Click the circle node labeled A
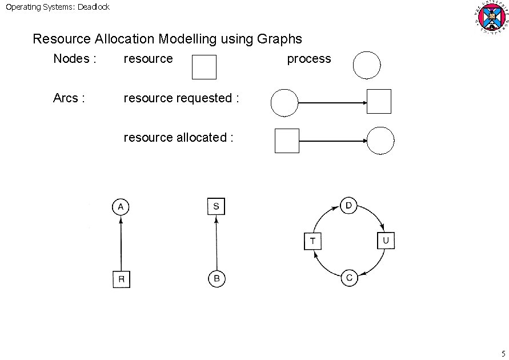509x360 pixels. pos(121,206)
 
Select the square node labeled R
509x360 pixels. pos(121,279)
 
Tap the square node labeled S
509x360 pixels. pos(216,206)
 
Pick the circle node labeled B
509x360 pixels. pos(217,279)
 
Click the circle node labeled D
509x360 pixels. pos(349,206)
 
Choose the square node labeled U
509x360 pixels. pos(386,241)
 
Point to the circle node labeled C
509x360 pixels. pos(349,278)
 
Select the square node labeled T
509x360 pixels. pos(312,241)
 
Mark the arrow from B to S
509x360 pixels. pos(216,243)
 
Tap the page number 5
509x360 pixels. pos(503,353)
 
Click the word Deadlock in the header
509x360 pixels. pos(92,7)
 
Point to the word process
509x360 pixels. pos(308,59)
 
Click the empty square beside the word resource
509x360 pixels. pos(204,67)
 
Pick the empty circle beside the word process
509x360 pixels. pos(367,65)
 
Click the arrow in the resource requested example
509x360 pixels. pos(332,103)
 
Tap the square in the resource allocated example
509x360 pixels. pos(287,141)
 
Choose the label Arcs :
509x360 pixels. pos(69,98)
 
